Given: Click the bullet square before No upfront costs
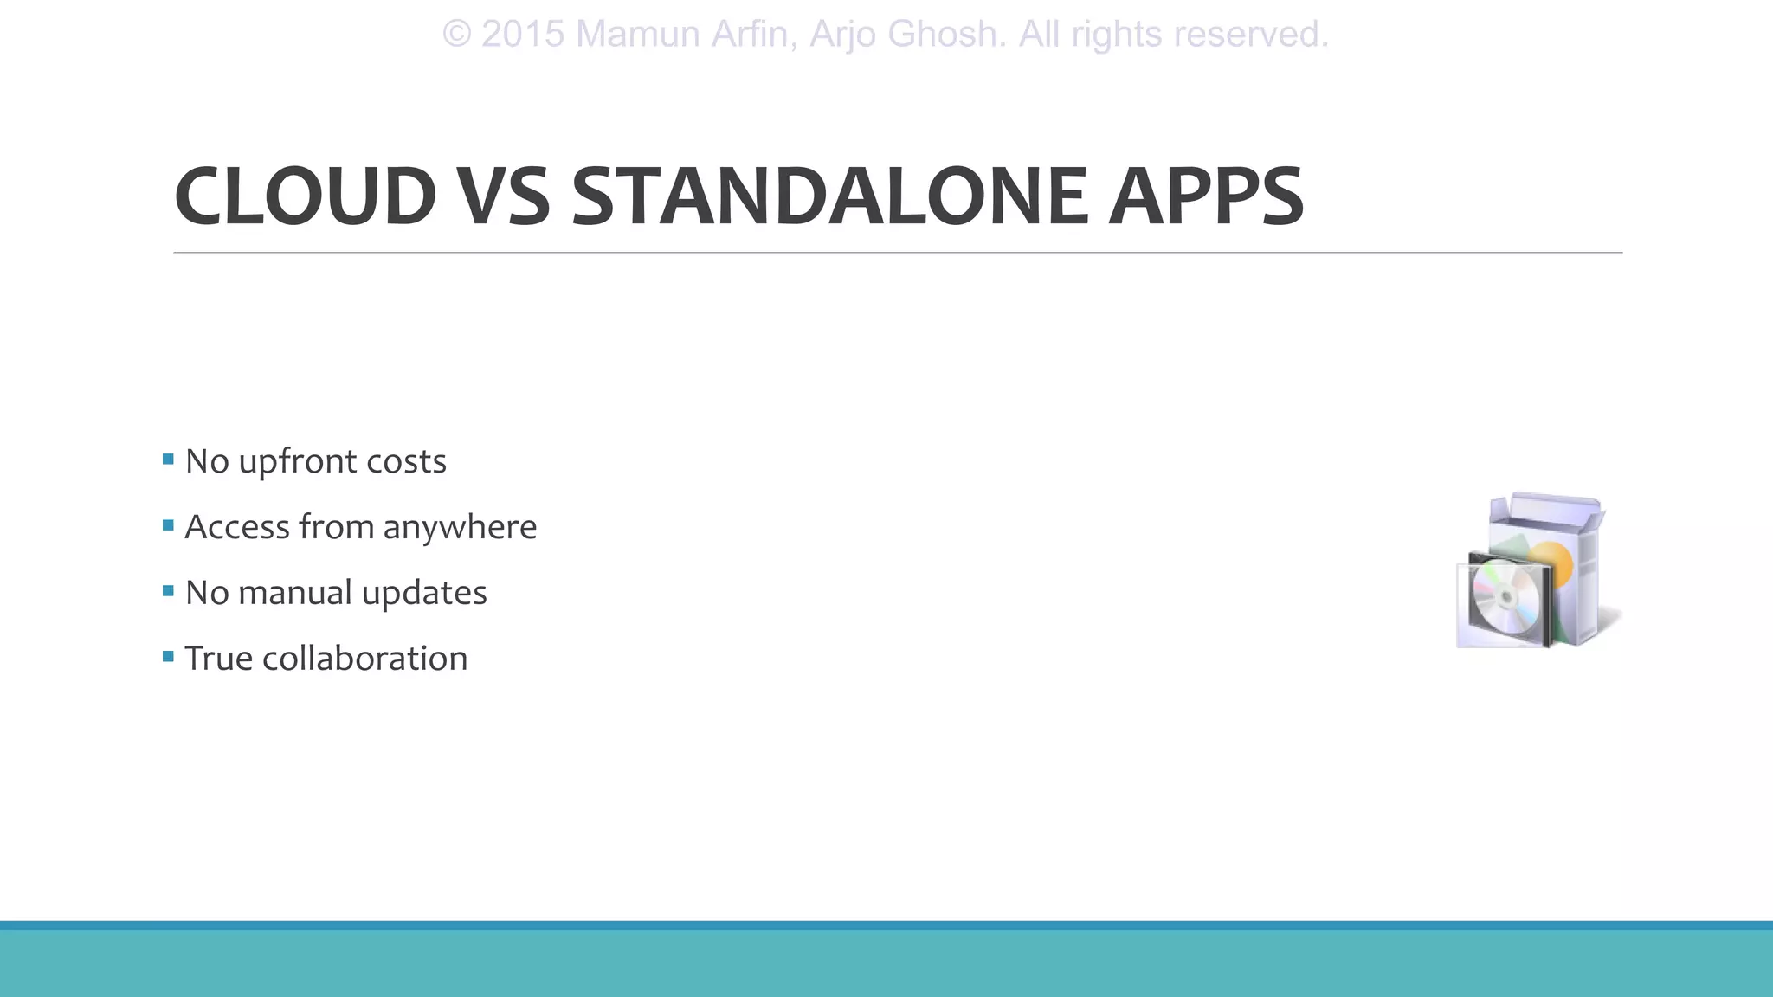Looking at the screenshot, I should pyautogui.click(x=168, y=459).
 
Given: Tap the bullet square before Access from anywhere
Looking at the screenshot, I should pyautogui.click(x=168, y=524).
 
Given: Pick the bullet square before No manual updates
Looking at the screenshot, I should pyautogui.click(x=168, y=590).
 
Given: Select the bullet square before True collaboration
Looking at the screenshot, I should pyautogui.click(x=168, y=656).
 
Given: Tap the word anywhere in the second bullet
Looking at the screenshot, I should pyautogui.click(x=460, y=528).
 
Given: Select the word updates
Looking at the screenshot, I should pyautogui.click(x=424, y=594).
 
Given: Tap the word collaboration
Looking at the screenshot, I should pyautogui.click(x=364, y=659).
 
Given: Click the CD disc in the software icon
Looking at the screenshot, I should pyautogui.click(x=1505, y=596).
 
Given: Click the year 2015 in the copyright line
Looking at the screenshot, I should pyautogui.click(x=523, y=35).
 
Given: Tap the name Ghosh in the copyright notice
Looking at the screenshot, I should pyautogui.click(x=946, y=35).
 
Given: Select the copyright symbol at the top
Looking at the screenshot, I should pyautogui.click(x=456, y=35).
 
